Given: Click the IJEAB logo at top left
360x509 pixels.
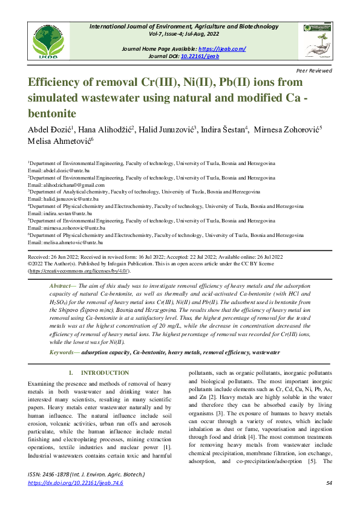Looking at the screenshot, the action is (51, 41).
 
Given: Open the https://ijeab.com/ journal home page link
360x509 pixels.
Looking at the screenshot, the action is (222, 48).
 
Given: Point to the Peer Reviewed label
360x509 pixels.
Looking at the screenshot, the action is (315, 71).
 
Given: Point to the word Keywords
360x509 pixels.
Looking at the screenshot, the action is (62, 351).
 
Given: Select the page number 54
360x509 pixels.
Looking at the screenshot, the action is (329, 483).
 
